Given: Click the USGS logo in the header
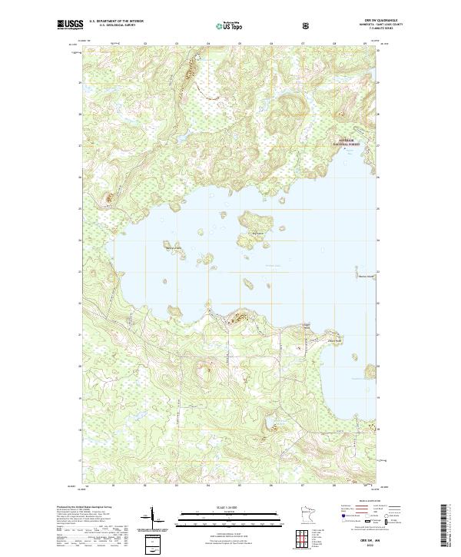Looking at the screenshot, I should click(70, 25).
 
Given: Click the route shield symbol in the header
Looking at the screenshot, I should click(306, 25).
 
